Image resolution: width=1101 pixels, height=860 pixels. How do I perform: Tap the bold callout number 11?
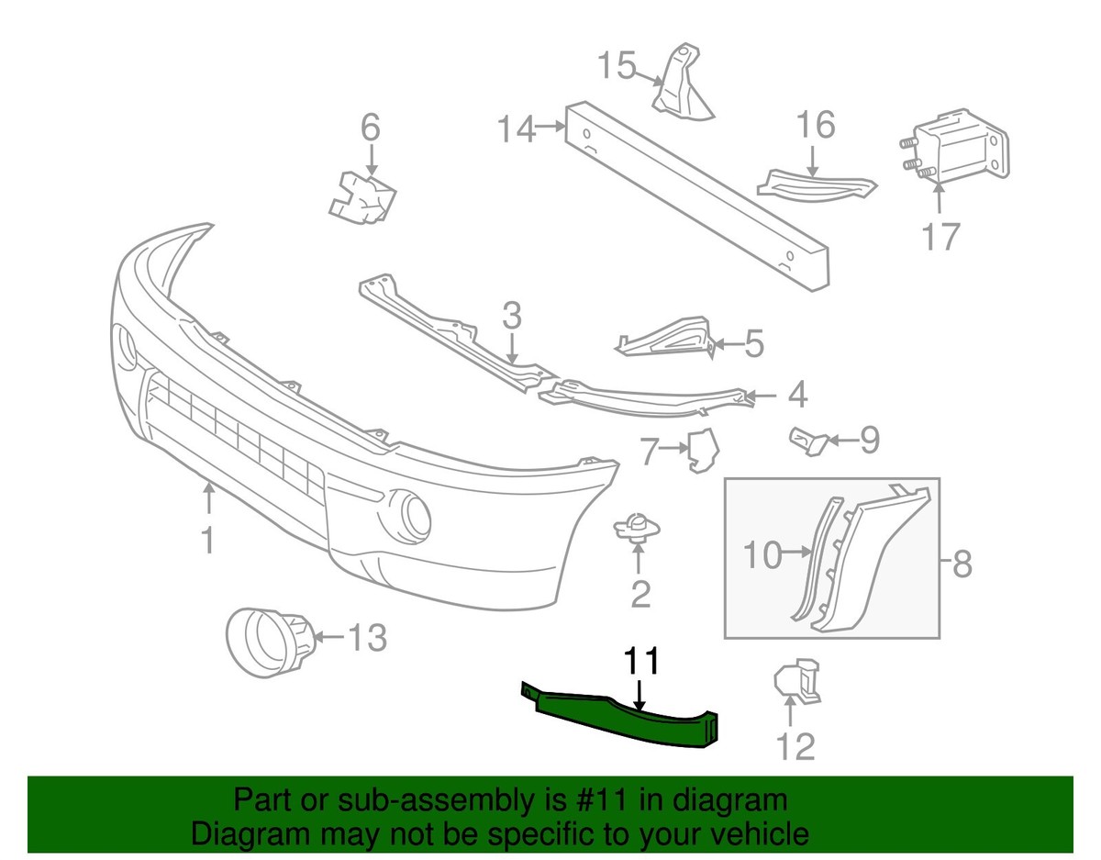pos(642,662)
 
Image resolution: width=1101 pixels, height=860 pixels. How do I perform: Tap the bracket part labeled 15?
pos(682,87)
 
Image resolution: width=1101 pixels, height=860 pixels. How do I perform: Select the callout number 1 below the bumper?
pos(208,539)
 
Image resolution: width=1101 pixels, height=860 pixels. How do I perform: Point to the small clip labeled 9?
pos(807,441)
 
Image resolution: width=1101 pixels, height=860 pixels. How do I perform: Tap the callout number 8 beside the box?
pos(962,564)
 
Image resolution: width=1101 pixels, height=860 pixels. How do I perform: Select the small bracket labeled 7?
pos(702,449)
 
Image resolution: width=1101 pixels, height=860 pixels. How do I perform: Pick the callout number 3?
pos(511,317)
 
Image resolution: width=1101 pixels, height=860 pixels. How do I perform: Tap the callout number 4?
pos(796,395)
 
